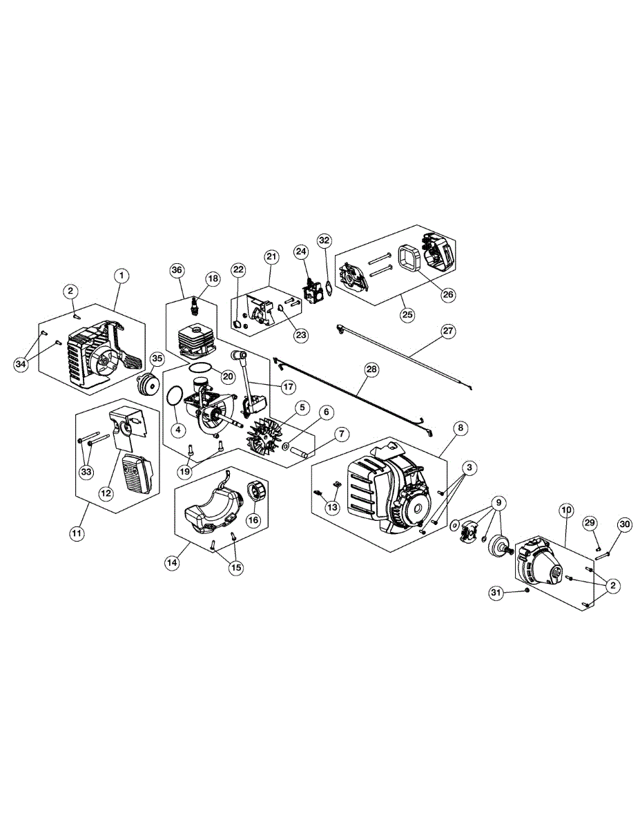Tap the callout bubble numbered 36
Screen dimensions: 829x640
[176, 269]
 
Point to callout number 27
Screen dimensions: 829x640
[448, 331]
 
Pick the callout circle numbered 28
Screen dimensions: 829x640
[371, 370]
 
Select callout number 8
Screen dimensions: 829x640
[460, 428]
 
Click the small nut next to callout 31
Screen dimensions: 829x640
[527, 591]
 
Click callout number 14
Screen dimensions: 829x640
[172, 562]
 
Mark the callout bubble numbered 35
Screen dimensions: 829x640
[157, 359]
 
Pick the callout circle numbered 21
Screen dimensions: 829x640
[271, 257]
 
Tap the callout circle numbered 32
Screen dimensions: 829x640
[324, 240]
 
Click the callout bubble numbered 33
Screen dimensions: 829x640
[86, 473]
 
